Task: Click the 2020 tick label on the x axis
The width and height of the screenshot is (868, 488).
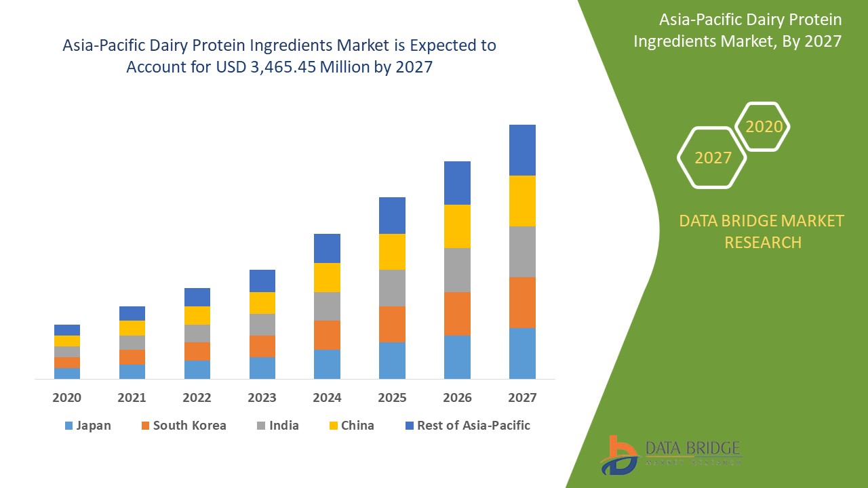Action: click(66, 398)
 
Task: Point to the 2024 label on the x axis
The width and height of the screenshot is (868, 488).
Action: click(327, 398)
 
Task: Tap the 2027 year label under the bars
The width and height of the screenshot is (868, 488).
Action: click(522, 398)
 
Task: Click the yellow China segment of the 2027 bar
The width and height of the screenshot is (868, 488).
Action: click(522, 201)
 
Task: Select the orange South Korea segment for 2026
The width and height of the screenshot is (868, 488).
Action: click(457, 314)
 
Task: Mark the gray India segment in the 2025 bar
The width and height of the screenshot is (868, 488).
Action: click(392, 288)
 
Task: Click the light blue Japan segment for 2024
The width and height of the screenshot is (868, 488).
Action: click(327, 364)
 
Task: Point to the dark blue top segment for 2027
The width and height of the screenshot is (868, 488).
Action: click(522, 150)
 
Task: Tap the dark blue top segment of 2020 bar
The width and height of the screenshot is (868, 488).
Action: click(66, 330)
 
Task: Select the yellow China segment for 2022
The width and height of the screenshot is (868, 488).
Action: click(197, 315)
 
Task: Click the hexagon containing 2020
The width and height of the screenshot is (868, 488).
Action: click(764, 127)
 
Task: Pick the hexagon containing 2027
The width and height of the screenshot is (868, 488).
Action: click(713, 158)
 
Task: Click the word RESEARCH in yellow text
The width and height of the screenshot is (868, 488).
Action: click(763, 242)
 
